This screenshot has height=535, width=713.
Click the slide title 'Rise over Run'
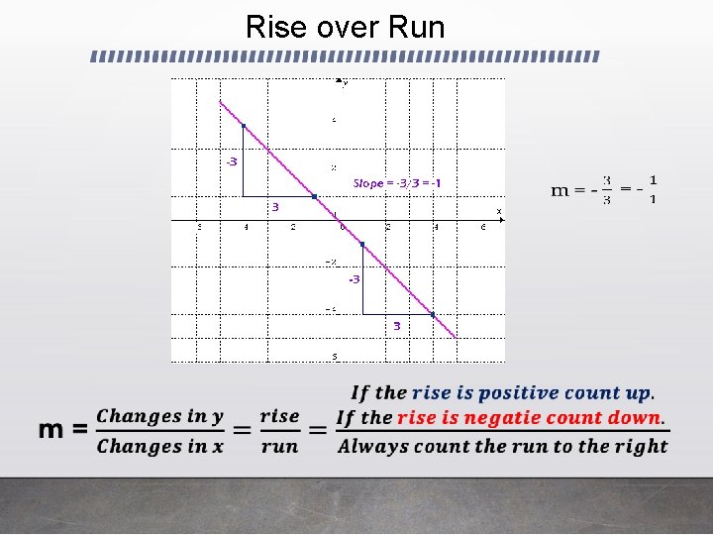[345, 27]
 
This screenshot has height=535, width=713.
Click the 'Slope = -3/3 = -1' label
[397, 183]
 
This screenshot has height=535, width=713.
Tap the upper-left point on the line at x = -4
[244, 126]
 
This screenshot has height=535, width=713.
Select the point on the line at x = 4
[433, 315]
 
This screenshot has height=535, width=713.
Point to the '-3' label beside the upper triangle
[231, 161]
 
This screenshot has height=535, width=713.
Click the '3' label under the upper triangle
[275, 207]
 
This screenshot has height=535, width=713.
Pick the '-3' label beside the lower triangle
[354, 279]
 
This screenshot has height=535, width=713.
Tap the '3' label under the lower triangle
[396, 326]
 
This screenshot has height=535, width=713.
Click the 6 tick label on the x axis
[482, 227]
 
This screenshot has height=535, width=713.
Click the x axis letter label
[499, 211]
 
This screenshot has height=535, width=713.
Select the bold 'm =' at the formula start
[63, 430]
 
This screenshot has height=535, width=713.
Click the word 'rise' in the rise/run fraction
[279, 416]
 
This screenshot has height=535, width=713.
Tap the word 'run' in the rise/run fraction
[279, 446]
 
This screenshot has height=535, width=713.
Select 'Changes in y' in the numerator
[159, 416]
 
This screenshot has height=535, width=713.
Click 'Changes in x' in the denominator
[159, 446]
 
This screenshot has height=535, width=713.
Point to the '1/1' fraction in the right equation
[654, 189]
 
